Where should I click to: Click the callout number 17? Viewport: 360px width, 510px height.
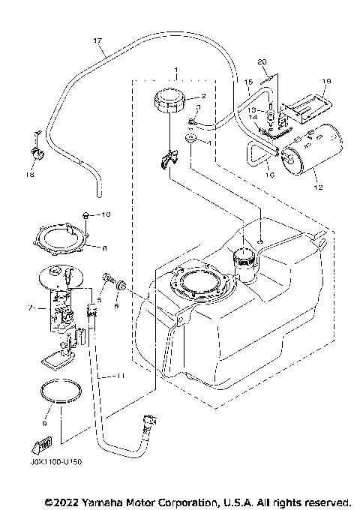point(97,40)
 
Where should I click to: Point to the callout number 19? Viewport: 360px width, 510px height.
point(325,80)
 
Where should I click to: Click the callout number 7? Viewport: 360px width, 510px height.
point(29,307)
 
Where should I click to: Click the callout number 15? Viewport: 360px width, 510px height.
point(246,80)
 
